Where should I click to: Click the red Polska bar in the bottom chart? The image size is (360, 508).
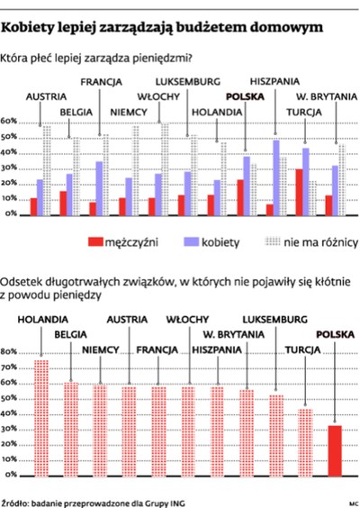[335, 451]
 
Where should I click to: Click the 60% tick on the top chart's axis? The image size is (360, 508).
[10, 121]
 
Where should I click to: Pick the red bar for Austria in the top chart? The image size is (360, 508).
[34, 206]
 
